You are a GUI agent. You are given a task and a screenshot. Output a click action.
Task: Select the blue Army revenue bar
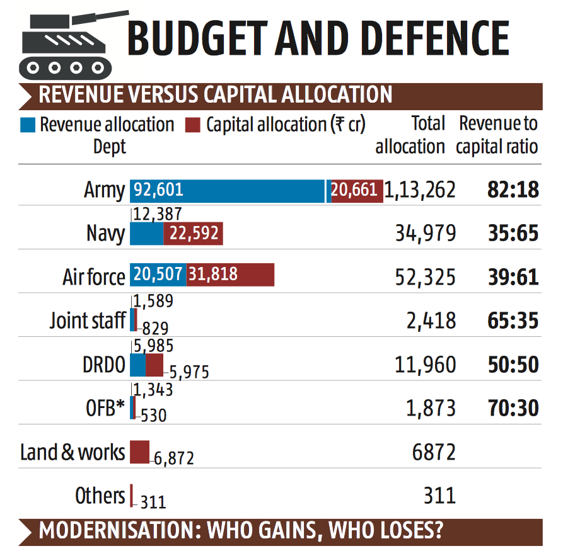[228, 190]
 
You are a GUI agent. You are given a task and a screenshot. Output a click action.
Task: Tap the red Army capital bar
[356, 190]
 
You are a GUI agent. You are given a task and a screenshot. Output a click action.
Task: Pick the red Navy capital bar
[193, 234]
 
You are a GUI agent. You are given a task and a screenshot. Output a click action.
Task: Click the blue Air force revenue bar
[158, 276]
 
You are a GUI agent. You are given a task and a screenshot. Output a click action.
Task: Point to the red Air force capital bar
[230, 276]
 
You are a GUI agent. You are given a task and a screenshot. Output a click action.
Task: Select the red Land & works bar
[139, 452]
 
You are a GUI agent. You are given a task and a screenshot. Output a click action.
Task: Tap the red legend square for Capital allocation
[192, 125]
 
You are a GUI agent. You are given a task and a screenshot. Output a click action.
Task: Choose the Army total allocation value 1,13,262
[420, 190]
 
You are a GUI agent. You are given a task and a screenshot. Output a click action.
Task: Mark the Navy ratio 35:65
[513, 234]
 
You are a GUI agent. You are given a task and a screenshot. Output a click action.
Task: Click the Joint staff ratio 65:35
[513, 321]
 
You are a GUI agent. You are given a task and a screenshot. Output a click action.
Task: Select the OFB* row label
[105, 408]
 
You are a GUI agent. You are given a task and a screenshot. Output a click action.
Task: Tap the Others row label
[100, 496]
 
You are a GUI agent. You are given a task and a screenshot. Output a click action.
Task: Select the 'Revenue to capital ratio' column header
[498, 135]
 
